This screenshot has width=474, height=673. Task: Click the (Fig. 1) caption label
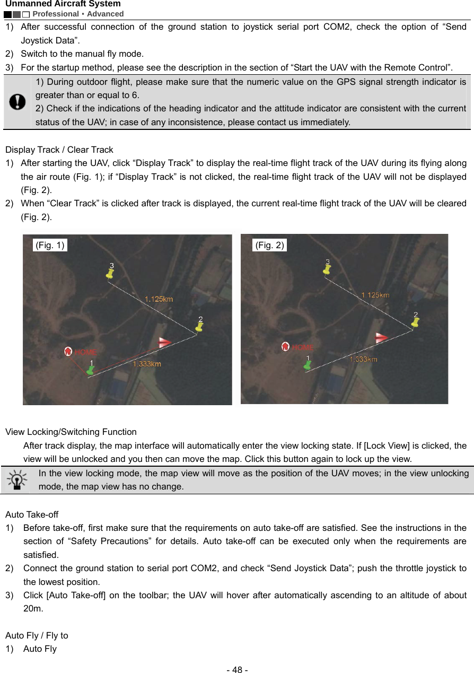pyautogui.click(x=50, y=244)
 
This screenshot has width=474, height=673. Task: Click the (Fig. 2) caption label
pyautogui.click(x=270, y=244)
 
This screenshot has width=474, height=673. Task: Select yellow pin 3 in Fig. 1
pyautogui.click(x=110, y=271)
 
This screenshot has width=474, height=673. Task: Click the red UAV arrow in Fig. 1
pyautogui.click(x=165, y=343)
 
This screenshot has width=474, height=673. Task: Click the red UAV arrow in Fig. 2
pyautogui.click(x=383, y=338)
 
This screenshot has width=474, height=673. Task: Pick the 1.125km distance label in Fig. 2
pyautogui.click(x=375, y=295)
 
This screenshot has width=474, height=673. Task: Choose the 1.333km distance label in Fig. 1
pyautogui.click(x=147, y=364)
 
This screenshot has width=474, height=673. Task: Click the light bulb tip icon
pyautogui.click(x=17, y=479)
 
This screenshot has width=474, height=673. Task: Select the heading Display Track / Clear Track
pyautogui.click(x=59, y=150)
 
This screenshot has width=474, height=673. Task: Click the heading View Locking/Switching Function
pyautogui.click(x=71, y=432)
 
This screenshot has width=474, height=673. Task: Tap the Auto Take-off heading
pyautogui.click(x=32, y=514)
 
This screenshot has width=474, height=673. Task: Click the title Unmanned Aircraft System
pyautogui.click(x=63, y=4)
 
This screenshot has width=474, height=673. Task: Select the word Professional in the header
pyautogui.click(x=56, y=14)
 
